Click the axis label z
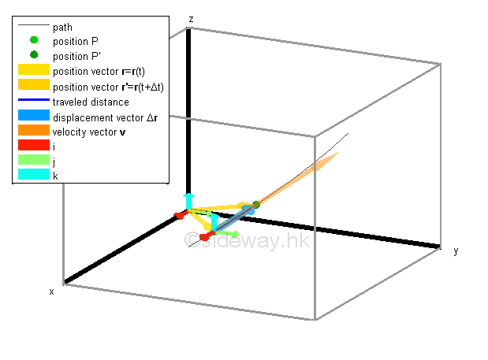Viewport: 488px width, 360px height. (x=191, y=18)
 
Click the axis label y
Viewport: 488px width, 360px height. (x=455, y=251)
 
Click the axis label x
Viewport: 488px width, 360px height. (x=52, y=291)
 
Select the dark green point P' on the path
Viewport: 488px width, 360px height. (x=255, y=205)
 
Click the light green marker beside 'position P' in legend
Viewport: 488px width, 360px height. (x=34, y=40)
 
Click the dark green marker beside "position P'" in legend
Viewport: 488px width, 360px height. (x=34, y=55)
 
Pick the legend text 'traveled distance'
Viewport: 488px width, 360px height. (x=91, y=102)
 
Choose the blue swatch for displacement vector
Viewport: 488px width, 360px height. (x=34, y=117)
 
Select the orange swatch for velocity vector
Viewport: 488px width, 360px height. (x=34, y=131)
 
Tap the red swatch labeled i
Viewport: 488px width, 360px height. (x=34, y=146)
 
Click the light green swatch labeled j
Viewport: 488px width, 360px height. (x=34, y=161)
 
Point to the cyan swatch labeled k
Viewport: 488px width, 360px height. (x=34, y=175)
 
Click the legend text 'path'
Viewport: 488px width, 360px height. (x=62, y=27)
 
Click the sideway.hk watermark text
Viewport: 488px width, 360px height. (x=246, y=239)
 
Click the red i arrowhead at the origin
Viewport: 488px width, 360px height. (x=179, y=214)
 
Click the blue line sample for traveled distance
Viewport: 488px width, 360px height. (x=34, y=102)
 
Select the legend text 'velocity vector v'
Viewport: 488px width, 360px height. (x=89, y=131)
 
